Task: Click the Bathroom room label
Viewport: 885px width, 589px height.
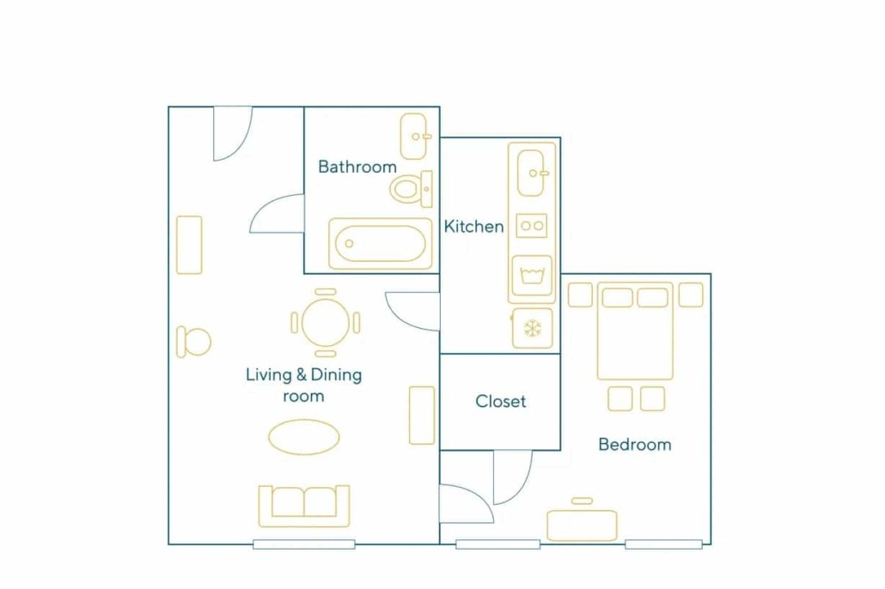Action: [357, 167]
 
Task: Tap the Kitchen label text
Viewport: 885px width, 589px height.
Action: [473, 227]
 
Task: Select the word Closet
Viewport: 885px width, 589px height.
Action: [501, 401]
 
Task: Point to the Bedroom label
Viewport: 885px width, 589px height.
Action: [635, 445]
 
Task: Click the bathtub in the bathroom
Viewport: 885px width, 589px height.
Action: [381, 244]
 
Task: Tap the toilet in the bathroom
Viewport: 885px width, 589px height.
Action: [411, 189]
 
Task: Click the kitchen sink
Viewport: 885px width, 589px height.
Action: [532, 173]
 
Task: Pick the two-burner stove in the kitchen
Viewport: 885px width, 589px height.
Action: [532, 226]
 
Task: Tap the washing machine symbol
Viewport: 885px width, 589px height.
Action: [532, 276]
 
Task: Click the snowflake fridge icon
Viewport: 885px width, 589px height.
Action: [532, 328]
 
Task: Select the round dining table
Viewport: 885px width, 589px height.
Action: [326, 323]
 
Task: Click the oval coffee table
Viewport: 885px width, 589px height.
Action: [303, 437]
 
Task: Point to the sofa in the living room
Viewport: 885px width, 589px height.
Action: [304, 506]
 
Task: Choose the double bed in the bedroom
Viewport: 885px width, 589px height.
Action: [636, 331]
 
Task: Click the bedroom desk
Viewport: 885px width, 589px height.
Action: [582, 525]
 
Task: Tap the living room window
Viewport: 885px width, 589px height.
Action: [304, 544]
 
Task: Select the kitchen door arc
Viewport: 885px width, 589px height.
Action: [400, 319]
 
